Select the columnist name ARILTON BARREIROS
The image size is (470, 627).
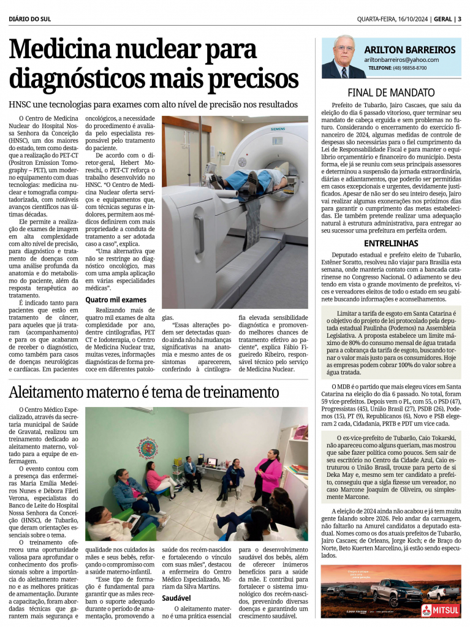tap(409, 50)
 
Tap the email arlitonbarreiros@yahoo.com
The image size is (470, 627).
tap(401, 60)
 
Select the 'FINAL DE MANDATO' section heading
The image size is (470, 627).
tap(391, 93)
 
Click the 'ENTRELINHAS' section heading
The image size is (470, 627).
tap(391, 243)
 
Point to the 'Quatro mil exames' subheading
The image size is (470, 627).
tap(116, 300)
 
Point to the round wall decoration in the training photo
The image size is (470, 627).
tap(148, 448)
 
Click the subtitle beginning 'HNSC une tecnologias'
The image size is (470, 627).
tap(153, 104)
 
